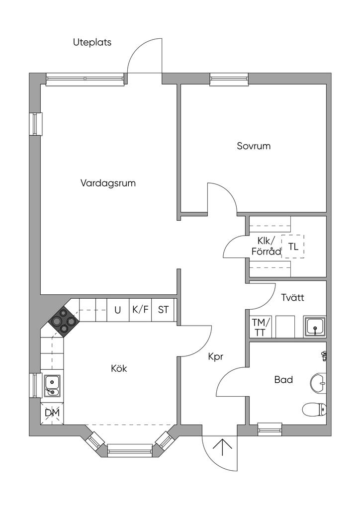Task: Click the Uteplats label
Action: (x=92, y=43)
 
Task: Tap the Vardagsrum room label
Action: (x=108, y=183)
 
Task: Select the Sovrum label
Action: (x=254, y=146)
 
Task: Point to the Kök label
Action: (x=119, y=368)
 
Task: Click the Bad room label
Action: (x=283, y=379)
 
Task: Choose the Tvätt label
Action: (x=293, y=297)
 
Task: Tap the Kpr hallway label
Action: (x=216, y=357)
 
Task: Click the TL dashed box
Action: (x=293, y=247)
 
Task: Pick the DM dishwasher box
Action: (x=52, y=413)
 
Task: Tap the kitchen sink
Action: (x=52, y=386)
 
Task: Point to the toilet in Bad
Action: (x=314, y=409)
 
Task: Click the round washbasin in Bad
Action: (x=319, y=383)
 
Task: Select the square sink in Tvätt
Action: (x=315, y=327)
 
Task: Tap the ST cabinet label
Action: (x=163, y=310)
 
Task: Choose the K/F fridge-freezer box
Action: (x=140, y=310)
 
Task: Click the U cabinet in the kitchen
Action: (x=118, y=310)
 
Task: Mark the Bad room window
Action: (x=270, y=429)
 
